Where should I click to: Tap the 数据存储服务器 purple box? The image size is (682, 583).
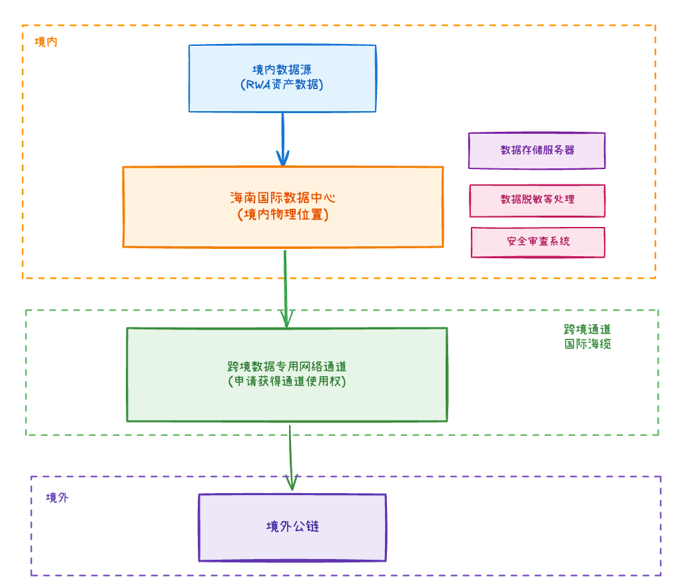click(x=537, y=150)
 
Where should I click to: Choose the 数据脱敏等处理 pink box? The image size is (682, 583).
click(x=537, y=200)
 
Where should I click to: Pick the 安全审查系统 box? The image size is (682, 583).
click(x=537, y=242)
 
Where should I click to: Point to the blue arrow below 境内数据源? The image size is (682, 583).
click(x=282, y=136)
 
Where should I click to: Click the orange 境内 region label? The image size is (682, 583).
click(x=46, y=42)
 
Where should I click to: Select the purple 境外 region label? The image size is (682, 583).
click(x=57, y=498)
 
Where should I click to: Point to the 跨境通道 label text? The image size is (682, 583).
click(x=587, y=329)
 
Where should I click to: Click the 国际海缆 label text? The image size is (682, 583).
click(x=587, y=344)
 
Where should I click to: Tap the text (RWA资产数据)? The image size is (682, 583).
click(x=282, y=85)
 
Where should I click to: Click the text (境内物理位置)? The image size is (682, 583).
click(x=282, y=214)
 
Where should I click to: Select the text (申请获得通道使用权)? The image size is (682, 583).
click(x=286, y=382)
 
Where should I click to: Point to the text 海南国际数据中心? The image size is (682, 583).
click(x=282, y=198)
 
